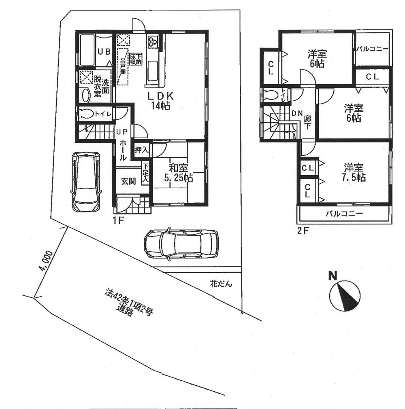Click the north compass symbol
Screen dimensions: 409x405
pyautogui.click(x=344, y=295)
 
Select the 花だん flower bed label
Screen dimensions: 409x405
pyautogui.click(x=221, y=284)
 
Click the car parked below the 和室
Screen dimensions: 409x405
pyautogui.click(x=181, y=244)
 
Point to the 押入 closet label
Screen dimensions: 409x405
pyautogui.click(x=141, y=150)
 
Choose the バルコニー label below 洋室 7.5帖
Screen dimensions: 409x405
pyautogui.click(x=344, y=213)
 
